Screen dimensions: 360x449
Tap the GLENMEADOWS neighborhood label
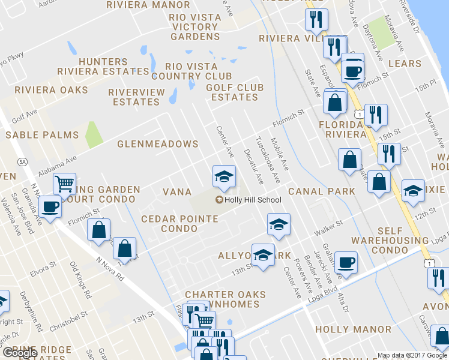[x=158, y=145]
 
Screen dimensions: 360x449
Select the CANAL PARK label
[x=321, y=191]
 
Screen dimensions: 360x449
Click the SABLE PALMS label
[x=42, y=136]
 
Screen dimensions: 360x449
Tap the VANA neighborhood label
[x=177, y=192]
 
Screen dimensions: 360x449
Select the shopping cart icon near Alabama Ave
[x=64, y=183]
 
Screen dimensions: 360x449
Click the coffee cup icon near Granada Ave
[x=50, y=208]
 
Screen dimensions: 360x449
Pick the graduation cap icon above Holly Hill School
[x=223, y=176]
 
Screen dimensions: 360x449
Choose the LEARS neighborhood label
[x=405, y=63]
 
